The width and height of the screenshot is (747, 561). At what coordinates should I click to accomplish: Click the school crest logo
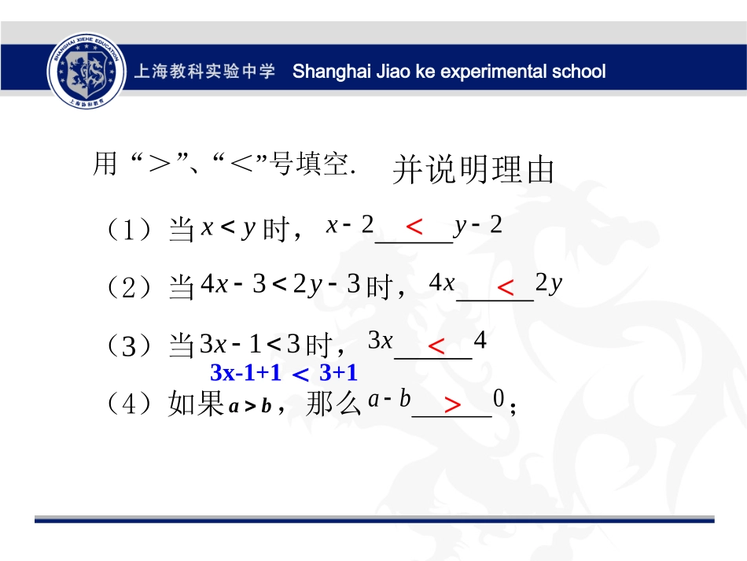pos(86,71)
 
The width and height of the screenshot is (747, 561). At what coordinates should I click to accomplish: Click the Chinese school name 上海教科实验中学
pos(205,72)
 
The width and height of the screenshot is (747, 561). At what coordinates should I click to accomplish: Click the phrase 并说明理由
pos(473,170)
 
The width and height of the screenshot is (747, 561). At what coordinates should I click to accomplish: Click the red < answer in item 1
pos(414,227)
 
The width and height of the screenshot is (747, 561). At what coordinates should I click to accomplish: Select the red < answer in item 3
pos(436,345)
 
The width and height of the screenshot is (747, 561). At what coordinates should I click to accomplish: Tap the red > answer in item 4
pos(452,405)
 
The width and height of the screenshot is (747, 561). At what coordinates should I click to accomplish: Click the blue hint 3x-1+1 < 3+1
pos(284,373)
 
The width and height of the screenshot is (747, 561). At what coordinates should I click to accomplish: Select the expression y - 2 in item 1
pos(478,226)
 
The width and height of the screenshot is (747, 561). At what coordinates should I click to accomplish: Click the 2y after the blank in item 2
pos(549,283)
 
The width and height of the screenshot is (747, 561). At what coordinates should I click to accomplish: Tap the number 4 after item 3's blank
pos(480,342)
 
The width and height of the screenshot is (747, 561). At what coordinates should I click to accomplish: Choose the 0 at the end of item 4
pos(498,400)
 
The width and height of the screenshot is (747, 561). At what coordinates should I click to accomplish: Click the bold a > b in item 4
pos(250,406)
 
